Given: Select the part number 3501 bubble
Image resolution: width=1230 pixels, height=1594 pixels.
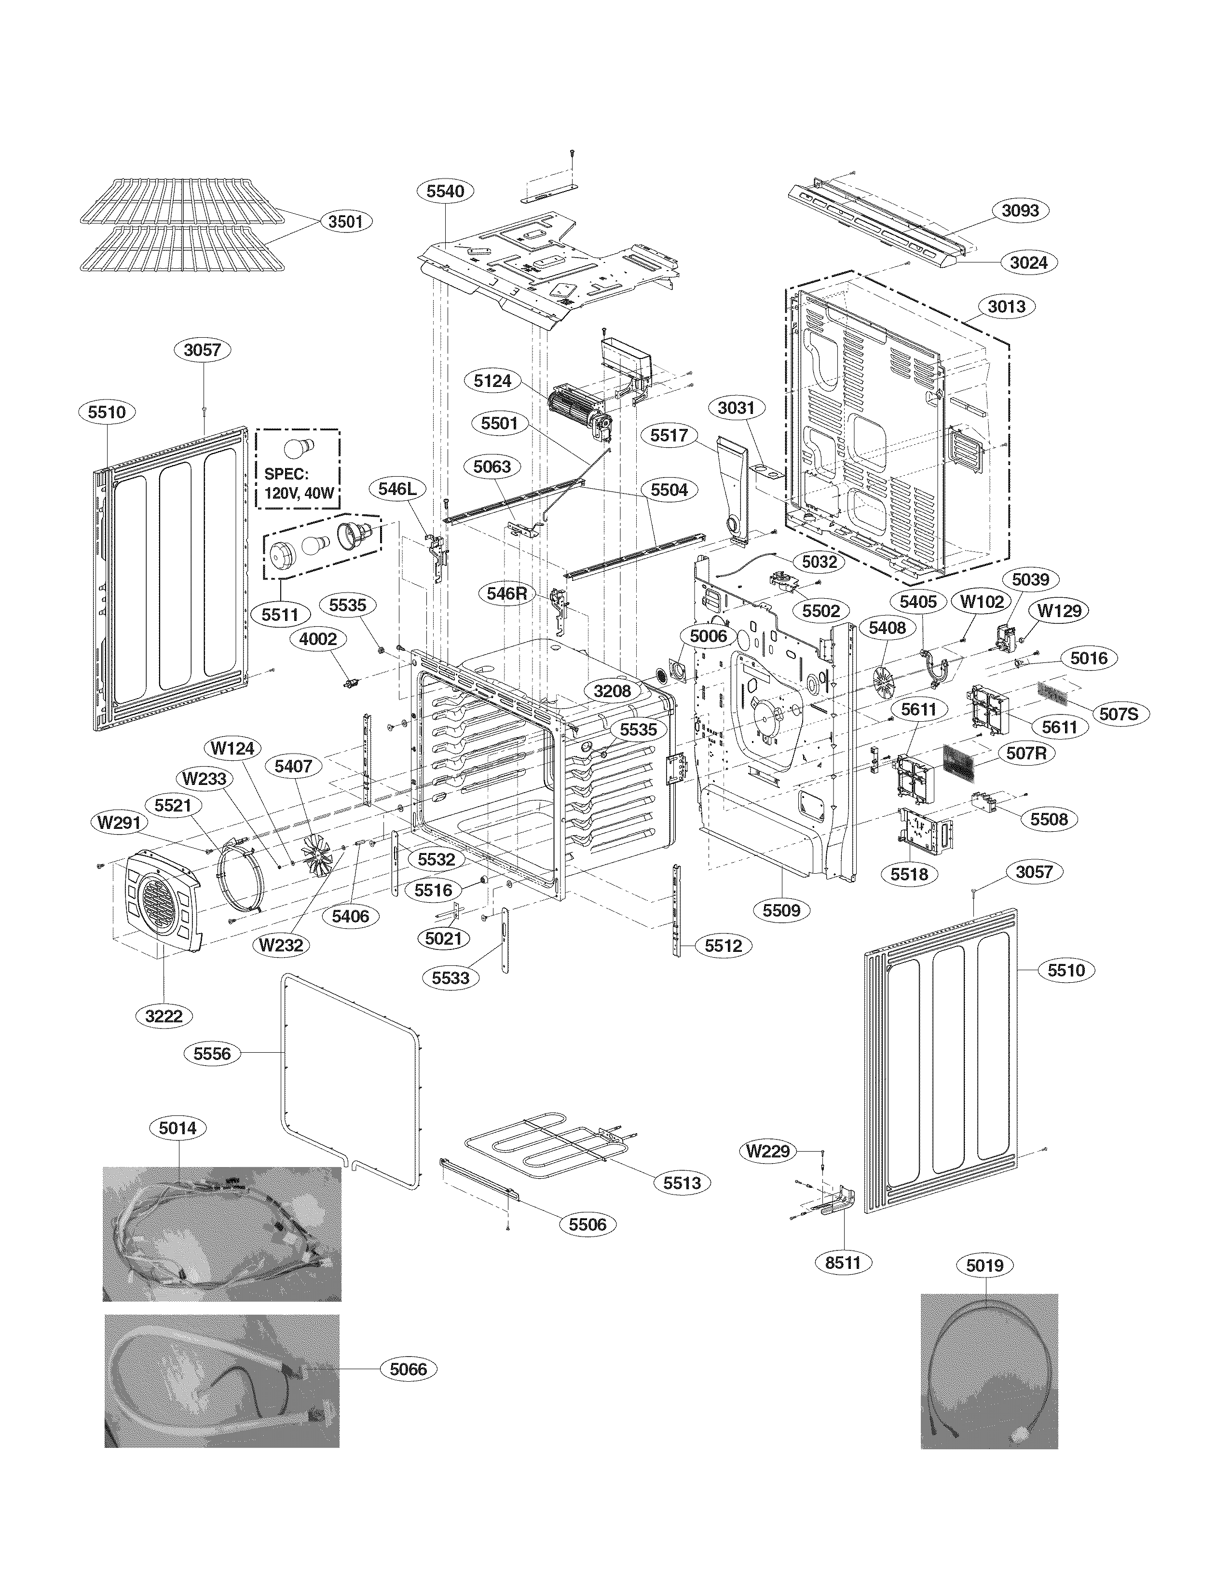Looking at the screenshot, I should click(x=345, y=221).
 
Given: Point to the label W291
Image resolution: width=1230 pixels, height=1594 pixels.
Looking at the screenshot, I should click(x=118, y=823).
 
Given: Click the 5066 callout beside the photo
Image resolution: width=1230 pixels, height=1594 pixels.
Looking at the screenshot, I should click(x=408, y=1369).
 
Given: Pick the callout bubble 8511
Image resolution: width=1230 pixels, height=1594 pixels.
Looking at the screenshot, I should click(x=843, y=1262).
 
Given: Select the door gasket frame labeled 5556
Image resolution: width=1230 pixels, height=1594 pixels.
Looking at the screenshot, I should click(x=350, y=1080).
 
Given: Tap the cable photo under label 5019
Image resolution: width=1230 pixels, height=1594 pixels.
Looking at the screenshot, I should click(x=988, y=1371).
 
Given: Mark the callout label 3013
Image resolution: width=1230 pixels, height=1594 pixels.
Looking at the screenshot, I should click(x=1007, y=306).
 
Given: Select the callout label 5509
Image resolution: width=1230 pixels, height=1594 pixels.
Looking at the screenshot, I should click(x=781, y=910).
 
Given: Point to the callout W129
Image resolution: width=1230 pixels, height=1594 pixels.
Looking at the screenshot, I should click(x=1059, y=610).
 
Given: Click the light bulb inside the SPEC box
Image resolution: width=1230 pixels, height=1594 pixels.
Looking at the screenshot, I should click(x=299, y=447).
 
